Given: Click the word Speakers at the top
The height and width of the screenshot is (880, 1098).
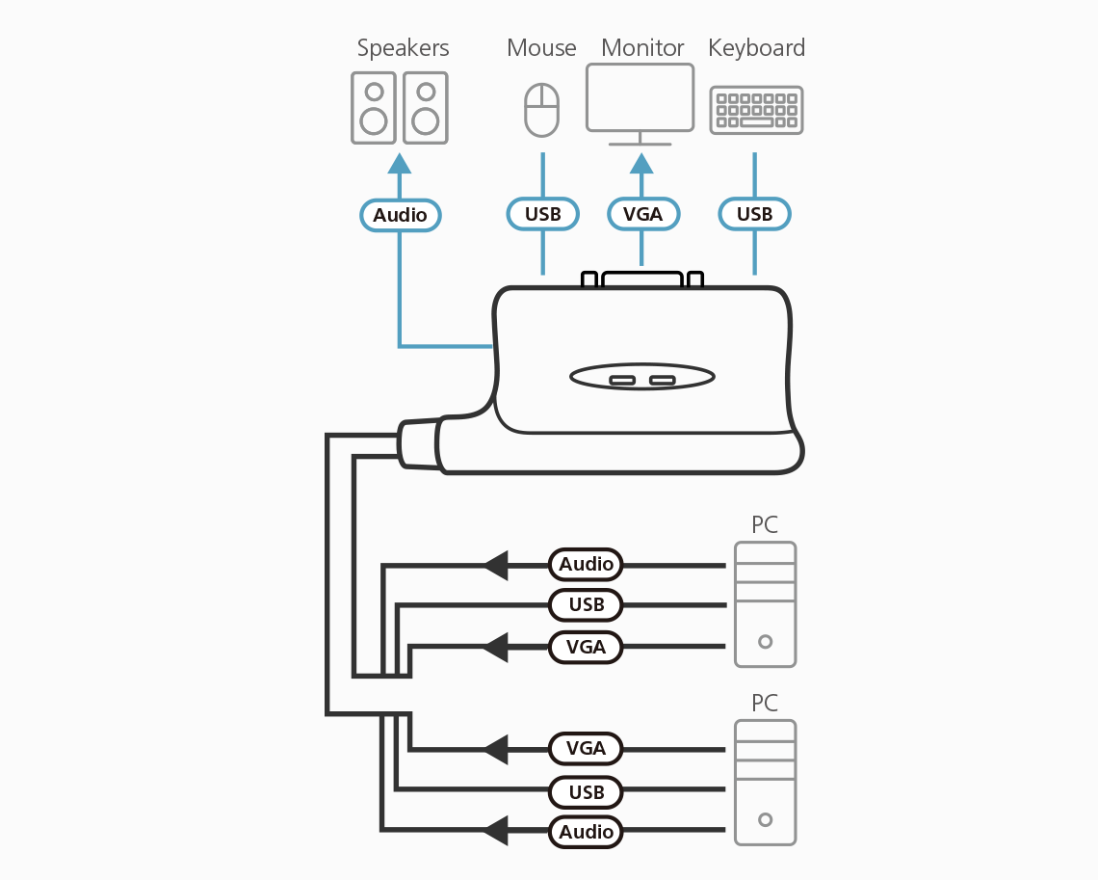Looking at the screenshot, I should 403,47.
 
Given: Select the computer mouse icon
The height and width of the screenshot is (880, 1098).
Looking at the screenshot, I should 541,109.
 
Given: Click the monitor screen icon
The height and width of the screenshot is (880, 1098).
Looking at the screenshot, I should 640,97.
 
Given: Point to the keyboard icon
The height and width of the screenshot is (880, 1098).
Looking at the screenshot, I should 756,110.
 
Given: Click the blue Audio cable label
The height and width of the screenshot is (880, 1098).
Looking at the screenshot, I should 400,215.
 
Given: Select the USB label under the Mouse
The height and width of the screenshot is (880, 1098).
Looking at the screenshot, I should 542,214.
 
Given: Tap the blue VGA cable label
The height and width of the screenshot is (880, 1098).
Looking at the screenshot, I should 642,214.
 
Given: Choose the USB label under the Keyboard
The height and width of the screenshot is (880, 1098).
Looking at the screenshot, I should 754,214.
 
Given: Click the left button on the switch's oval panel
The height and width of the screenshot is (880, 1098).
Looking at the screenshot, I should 622,379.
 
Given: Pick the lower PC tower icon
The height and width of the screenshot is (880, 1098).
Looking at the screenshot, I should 765,783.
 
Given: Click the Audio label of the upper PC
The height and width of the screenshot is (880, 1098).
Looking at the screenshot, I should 586,564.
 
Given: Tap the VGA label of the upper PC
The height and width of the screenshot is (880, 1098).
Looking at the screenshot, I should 586,647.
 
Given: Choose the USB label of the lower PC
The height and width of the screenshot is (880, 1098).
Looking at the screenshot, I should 586,792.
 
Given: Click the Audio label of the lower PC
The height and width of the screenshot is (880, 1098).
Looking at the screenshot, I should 586,832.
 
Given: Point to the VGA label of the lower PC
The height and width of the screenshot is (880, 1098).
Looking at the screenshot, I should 586,748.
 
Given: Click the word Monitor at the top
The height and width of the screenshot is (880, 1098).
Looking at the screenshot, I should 642,47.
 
